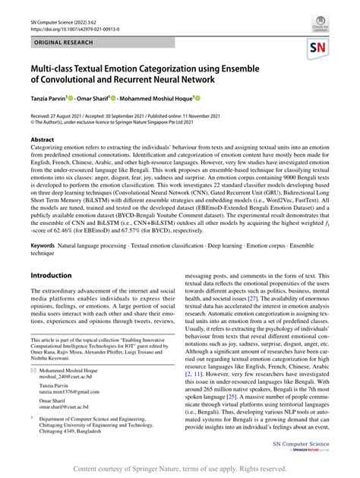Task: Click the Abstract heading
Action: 43,140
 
